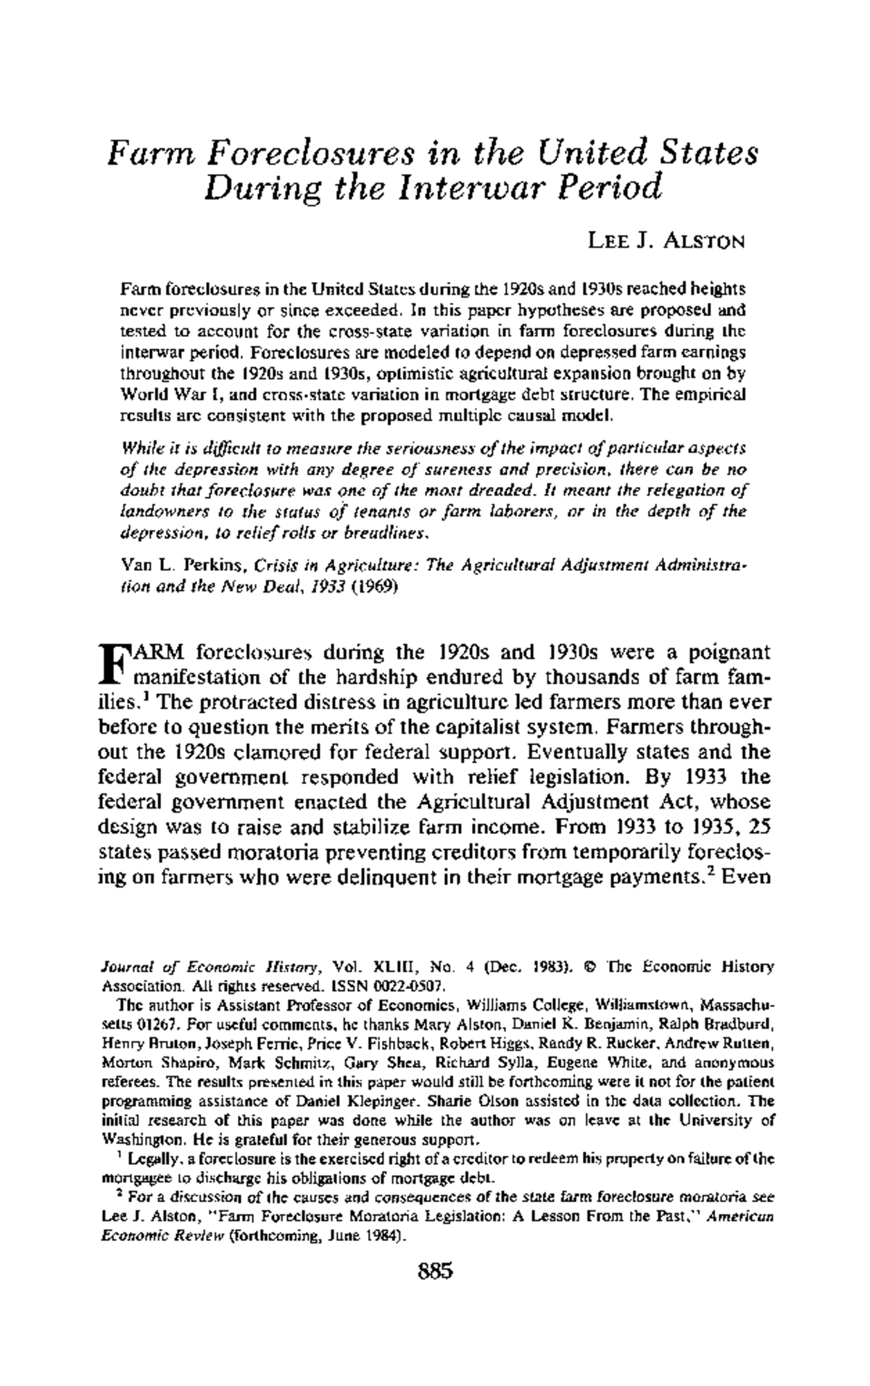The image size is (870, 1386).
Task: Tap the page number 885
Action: (435, 1269)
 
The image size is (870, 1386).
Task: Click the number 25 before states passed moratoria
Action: (758, 827)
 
